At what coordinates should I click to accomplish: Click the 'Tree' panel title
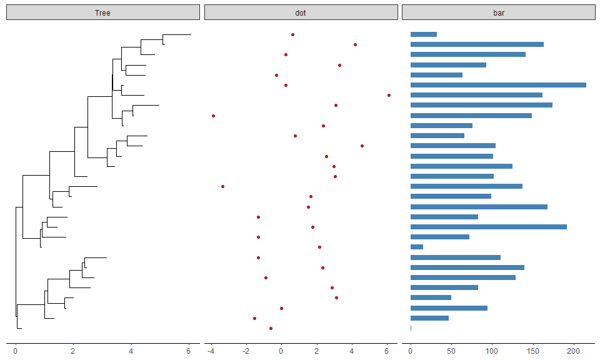(102, 12)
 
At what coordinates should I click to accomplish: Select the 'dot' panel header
(301, 12)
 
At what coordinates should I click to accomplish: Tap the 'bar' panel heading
(498, 12)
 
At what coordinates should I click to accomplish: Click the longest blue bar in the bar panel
(498, 85)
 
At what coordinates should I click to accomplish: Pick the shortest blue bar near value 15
(417, 247)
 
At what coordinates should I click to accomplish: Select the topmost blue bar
(424, 34)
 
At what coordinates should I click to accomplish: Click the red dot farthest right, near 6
(389, 95)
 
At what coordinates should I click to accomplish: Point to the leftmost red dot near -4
(213, 116)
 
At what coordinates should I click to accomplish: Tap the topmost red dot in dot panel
(292, 34)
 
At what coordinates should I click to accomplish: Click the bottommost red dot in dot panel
(271, 328)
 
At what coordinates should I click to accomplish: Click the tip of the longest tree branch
(191, 34)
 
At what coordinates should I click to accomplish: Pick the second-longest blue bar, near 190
(489, 226)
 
